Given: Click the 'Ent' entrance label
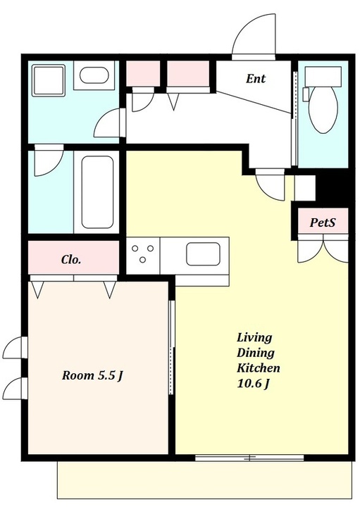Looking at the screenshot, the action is click(x=256, y=79).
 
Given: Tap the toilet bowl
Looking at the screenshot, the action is click(x=323, y=109).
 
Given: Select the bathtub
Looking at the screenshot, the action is click(x=97, y=192).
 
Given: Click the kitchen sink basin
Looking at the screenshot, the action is click(x=203, y=254).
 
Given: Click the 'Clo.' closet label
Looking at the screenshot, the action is click(x=71, y=259).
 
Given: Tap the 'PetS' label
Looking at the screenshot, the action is click(x=323, y=222).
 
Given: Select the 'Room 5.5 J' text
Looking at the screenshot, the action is click(x=92, y=376).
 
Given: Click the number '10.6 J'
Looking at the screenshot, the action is click(x=254, y=384).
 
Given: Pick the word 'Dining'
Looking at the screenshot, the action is click(x=256, y=353).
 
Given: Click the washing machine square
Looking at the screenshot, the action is click(x=49, y=80).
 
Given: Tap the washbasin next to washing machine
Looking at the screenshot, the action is click(x=94, y=75).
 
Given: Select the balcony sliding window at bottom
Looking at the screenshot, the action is click(x=249, y=458).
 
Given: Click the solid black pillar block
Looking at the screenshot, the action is click(x=333, y=188).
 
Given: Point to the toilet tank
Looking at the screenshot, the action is click(x=323, y=76).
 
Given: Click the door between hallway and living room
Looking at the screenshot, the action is click(x=271, y=184).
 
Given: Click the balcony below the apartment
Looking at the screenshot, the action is click(x=205, y=480).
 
